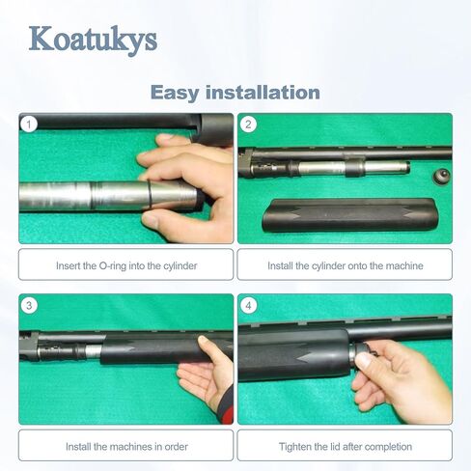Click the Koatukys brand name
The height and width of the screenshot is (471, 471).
click(x=93, y=41)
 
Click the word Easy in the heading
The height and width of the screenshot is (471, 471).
click(x=175, y=94)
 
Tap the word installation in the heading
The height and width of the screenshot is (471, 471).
click(x=263, y=93)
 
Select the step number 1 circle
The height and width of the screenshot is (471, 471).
click(x=29, y=124)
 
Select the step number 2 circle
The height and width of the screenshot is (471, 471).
click(x=248, y=124)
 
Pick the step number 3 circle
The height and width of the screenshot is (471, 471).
click(x=29, y=305)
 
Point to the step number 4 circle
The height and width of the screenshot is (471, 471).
click(x=248, y=305)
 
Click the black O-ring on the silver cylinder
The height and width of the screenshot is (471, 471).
click(x=150, y=195)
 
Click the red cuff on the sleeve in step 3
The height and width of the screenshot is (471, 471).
click(x=228, y=413)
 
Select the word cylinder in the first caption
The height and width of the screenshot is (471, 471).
click(x=180, y=266)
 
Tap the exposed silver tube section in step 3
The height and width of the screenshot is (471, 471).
click(x=94, y=351)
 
